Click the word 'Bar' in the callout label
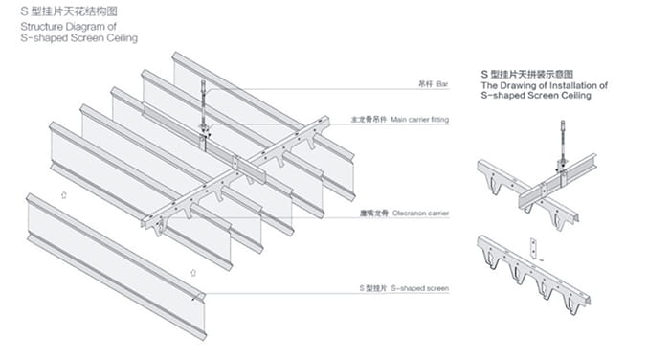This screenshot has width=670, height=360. click(x=442, y=84)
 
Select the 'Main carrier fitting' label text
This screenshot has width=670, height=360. click(x=419, y=120)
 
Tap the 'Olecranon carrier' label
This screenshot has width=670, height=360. click(x=420, y=213)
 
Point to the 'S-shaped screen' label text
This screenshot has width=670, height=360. click(x=420, y=288)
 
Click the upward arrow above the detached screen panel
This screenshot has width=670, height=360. click(x=64, y=195)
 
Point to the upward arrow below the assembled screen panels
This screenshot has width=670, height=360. click(x=193, y=272)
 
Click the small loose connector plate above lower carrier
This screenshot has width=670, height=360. click(x=533, y=248)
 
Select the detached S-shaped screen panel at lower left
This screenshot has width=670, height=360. click(x=116, y=266)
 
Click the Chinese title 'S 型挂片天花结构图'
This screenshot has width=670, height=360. click(x=69, y=11)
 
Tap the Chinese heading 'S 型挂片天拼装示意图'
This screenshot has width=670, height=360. click(x=526, y=75)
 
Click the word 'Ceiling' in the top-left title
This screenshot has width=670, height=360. click(x=123, y=38)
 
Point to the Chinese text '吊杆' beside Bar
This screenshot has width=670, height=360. click(x=426, y=84)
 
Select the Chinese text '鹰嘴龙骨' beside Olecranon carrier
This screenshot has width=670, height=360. click(x=374, y=213)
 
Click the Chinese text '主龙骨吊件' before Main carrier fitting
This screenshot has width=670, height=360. click(x=369, y=120)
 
